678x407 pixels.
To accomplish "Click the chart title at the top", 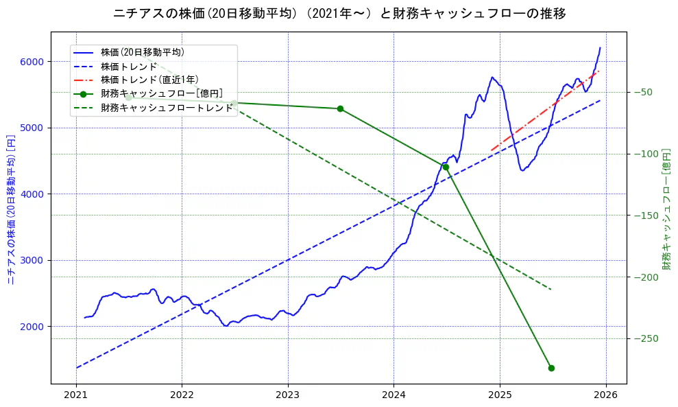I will [339, 14].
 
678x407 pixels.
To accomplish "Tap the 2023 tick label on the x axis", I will [288, 395].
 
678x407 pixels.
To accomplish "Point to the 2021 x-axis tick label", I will [76, 395].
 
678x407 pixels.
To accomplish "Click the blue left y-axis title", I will [11, 209].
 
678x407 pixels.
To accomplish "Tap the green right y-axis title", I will [666, 209].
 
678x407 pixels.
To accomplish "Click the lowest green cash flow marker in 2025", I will [551, 369].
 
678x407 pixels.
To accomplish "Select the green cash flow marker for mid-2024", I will [446, 167].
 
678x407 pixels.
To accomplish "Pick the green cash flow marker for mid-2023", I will [340, 108].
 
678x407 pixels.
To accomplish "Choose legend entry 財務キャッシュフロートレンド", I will [167, 108].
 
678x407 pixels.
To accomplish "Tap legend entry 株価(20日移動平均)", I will [142, 51].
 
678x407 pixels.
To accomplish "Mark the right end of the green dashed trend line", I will [551, 290].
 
